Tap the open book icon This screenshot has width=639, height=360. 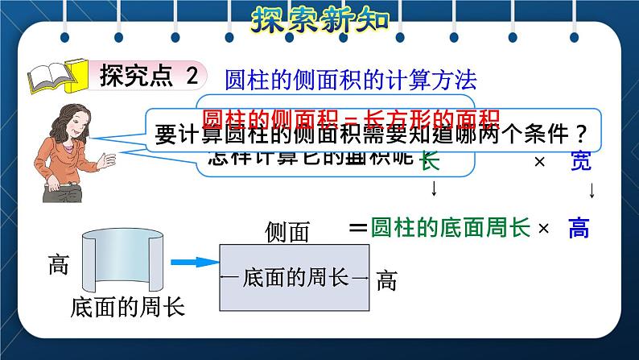point(56,77)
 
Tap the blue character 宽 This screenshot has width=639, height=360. point(581,161)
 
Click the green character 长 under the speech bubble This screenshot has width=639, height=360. point(431,160)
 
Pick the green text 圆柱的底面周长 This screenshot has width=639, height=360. point(451,229)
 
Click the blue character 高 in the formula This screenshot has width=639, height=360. point(579,230)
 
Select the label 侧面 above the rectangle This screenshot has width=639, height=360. point(287,233)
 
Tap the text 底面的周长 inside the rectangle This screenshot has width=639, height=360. point(294,279)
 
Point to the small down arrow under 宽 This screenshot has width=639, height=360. point(592,192)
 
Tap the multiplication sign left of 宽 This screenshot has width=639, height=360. point(540,162)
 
